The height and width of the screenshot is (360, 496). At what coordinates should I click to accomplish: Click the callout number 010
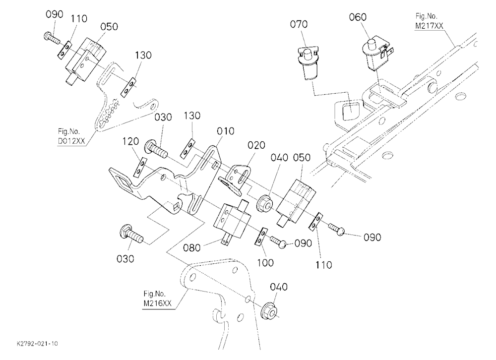point(226,131)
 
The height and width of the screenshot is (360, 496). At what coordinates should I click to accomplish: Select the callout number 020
point(256,145)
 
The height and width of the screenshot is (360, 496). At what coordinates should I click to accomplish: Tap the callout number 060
point(358,17)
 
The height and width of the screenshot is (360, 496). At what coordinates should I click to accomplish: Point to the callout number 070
point(299,24)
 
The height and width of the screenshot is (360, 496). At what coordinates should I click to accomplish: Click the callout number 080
point(192,248)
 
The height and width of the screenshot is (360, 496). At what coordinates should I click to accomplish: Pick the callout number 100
point(265,263)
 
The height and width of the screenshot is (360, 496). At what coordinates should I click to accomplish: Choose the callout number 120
point(130,141)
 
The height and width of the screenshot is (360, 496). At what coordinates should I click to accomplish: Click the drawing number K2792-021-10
point(37,344)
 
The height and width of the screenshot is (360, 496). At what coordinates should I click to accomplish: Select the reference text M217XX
point(429,26)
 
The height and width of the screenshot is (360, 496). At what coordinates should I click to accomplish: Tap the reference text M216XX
point(158,303)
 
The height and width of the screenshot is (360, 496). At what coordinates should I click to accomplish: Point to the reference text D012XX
point(71,141)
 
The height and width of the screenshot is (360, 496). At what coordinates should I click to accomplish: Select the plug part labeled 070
point(308,61)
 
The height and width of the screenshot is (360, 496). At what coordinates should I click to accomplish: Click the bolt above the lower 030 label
point(131,233)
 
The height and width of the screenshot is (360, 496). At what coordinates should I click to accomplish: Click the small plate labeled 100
point(261,237)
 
